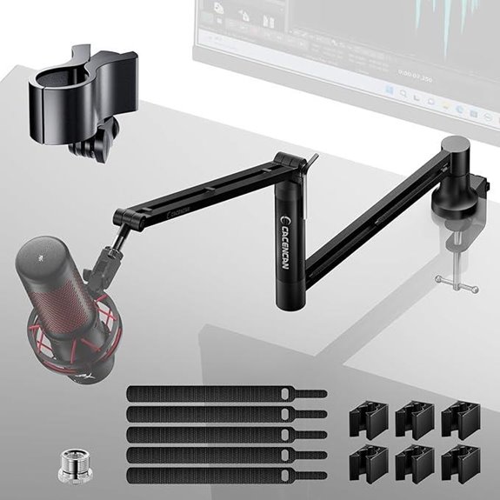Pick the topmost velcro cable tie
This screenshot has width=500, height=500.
coord(222,394)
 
